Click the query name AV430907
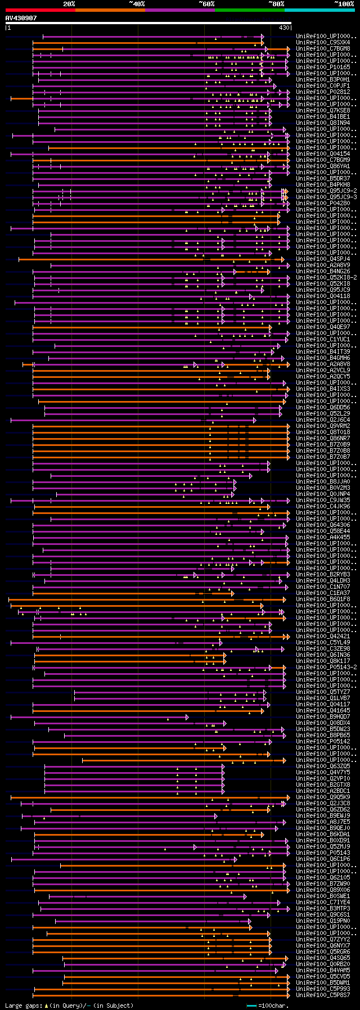[x=21, y=18]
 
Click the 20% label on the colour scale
[x=69, y=4]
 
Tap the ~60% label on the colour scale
[x=206, y=4]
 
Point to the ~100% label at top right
[x=344, y=4]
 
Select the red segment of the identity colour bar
[x=40, y=10]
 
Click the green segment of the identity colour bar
[x=249, y=10]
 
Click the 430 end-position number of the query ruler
[x=284, y=28]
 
